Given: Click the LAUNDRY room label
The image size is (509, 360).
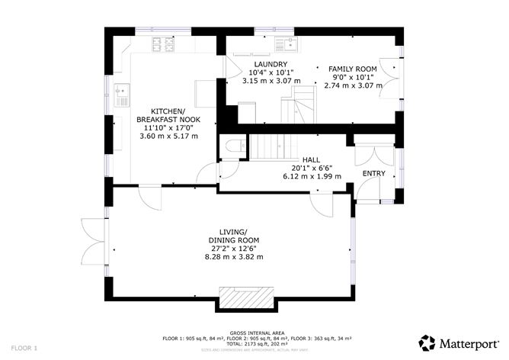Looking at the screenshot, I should [x=271, y=64].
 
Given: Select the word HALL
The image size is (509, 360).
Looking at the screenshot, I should [x=311, y=159].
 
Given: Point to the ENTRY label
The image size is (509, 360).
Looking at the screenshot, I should [x=373, y=174].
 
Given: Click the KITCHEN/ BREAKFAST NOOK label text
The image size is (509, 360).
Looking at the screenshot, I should [x=168, y=115].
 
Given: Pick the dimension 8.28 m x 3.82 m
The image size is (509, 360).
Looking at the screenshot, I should [x=233, y=257].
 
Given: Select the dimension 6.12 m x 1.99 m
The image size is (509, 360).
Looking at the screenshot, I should [x=311, y=176].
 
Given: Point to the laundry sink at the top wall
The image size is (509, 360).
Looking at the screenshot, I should [x=289, y=43].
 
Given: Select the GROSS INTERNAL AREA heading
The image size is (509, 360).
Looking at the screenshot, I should [x=254, y=333].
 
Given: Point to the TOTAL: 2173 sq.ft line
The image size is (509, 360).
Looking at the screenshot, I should [x=254, y=344].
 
